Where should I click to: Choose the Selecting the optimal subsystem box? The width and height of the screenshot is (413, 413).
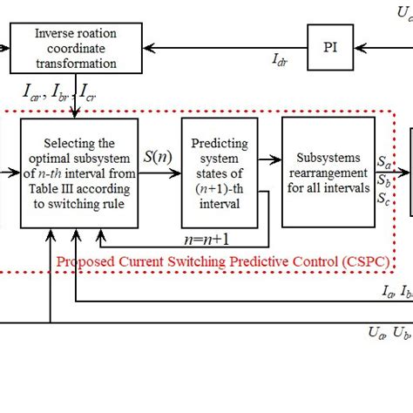click(78, 173)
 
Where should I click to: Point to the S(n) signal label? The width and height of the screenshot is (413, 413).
click(159, 159)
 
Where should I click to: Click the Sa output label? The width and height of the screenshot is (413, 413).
click(383, 161)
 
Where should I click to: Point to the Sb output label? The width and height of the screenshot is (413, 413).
click(383, 180)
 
